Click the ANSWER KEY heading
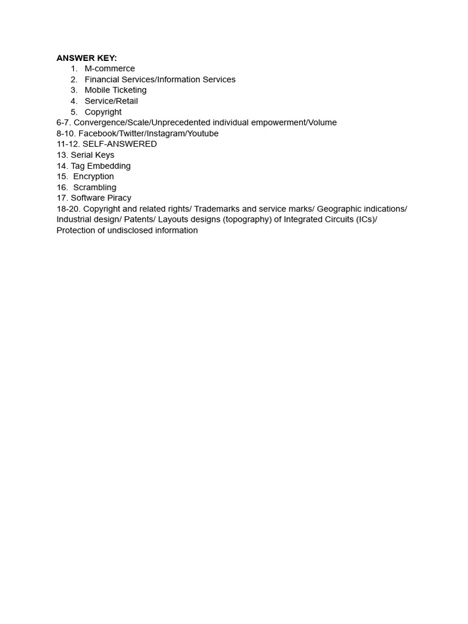(x=87, y=58)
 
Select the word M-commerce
(x=110, y=69)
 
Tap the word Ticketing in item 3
(x=130, y=90)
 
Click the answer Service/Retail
(x=111, y=101)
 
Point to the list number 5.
(x=74, y=112)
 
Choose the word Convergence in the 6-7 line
(x=99, y=122)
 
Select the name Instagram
(x=165, y=133)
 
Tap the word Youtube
(x=203, y=133)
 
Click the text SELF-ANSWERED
(x=119, y=144)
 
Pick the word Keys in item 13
(x=104, y=155)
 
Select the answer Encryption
(x=93, y=177)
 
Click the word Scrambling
(x=94, y=188)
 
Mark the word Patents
(x=138, y=219)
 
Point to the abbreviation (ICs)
(x=367, y=219)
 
